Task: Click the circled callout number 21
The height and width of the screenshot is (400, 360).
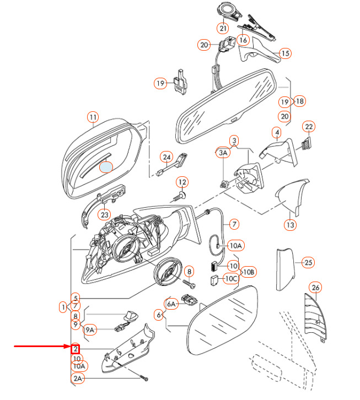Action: (x=223, y=28)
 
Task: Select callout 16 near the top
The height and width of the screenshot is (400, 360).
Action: (x=243, y=40)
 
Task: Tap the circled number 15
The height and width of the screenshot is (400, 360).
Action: (x=285, y=53)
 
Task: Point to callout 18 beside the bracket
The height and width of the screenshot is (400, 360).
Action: (x=300, y=101)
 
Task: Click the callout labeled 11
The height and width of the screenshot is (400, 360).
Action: (x=93, y=117)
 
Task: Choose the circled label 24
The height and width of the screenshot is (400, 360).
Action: (x=166, y=157)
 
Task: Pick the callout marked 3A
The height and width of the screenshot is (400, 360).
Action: (x=223, y=153)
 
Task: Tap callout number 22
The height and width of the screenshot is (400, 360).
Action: (x=309, y=127)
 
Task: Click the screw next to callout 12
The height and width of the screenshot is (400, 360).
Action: (x=180, y=197)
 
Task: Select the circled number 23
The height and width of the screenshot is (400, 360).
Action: (x=105, y=214)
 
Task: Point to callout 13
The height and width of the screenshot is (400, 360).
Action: (x=291, y=225)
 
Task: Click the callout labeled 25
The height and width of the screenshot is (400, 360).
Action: (x=308, y=262)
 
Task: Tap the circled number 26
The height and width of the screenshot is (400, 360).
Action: (x=315, y=288)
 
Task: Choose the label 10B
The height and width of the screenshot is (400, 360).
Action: (x=249, y=272)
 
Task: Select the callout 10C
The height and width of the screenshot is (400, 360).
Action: (x=232, y=278)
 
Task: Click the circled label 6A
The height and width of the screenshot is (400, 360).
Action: (x=171, y=304)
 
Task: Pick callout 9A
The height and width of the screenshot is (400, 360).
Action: (x=90, y=330)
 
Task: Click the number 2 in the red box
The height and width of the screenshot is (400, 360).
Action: (x=76, y=349)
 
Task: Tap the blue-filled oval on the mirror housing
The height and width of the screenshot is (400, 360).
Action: (x=106, y=167)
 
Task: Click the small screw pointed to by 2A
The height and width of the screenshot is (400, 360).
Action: (x=144, y=378)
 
